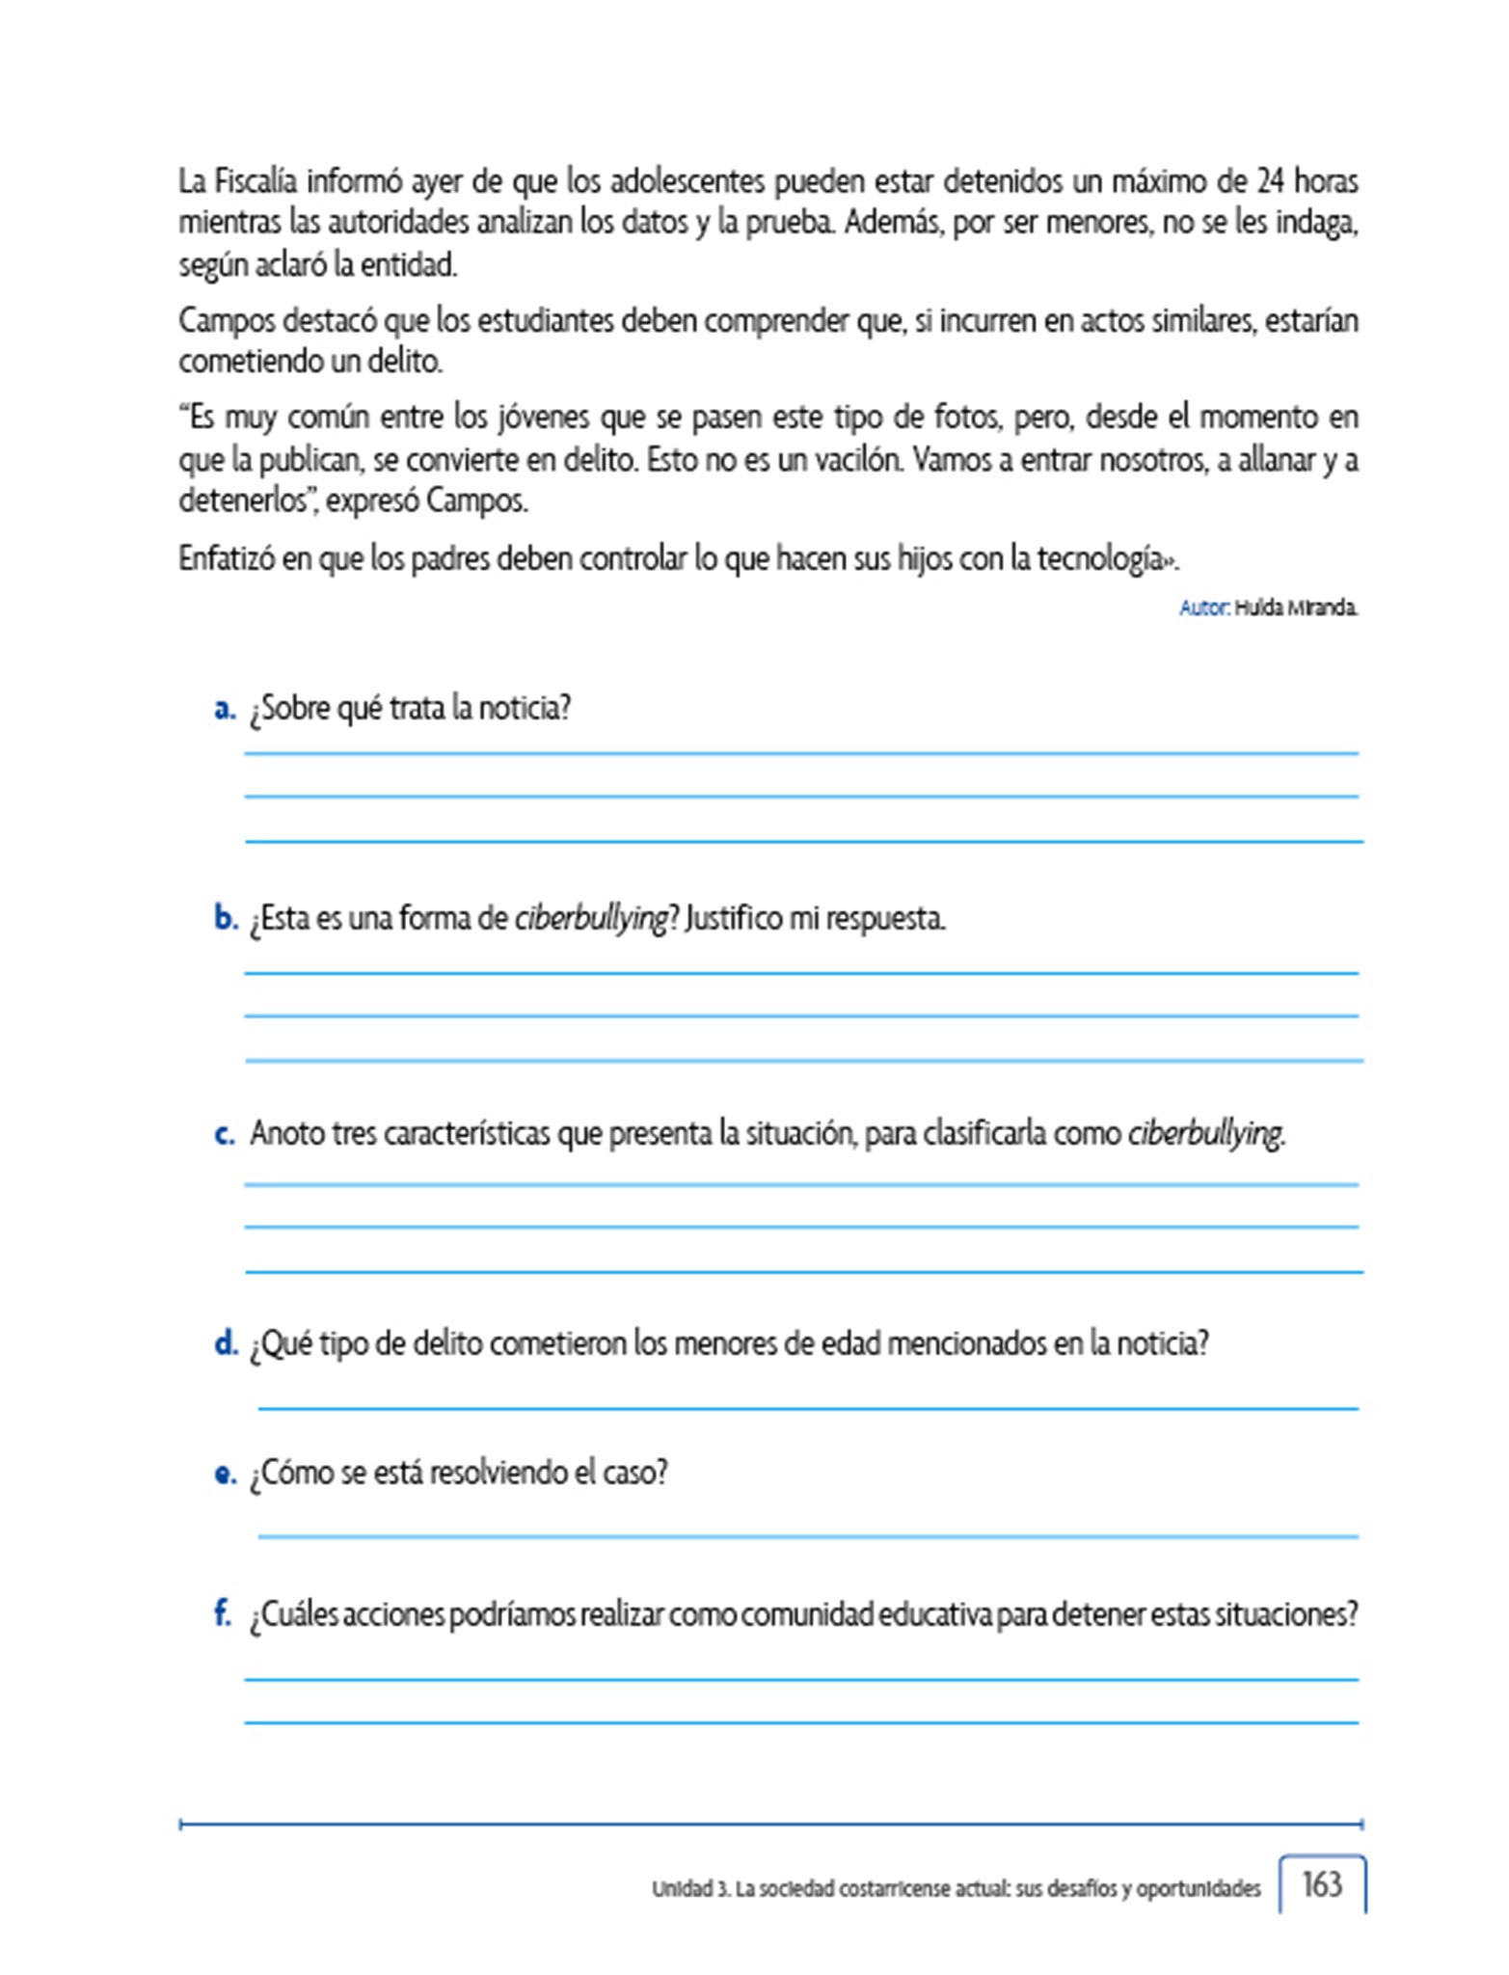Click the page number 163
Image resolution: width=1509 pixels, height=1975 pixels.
(1321, 1883)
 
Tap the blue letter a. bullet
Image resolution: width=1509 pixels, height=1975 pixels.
(225, 709)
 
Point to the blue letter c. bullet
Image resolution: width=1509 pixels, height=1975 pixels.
(225, 1134)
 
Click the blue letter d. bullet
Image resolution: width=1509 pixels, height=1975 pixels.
(226, 1342)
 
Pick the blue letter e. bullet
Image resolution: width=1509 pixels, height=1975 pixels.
(225, 1474)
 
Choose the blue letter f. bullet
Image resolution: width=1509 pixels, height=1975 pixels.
(223, 1612)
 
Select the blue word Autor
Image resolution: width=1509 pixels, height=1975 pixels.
(1202, 608)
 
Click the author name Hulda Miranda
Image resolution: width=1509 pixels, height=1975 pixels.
(1296, 608)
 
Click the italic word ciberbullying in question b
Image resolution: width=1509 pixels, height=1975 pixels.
(591, 918)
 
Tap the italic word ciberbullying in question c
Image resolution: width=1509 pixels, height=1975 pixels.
(1205, 1133)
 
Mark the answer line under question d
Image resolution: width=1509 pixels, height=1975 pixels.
(808, 1408)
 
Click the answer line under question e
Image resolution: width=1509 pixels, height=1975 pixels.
(808, 1536)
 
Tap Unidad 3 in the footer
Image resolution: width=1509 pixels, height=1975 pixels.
(689, 1888)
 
